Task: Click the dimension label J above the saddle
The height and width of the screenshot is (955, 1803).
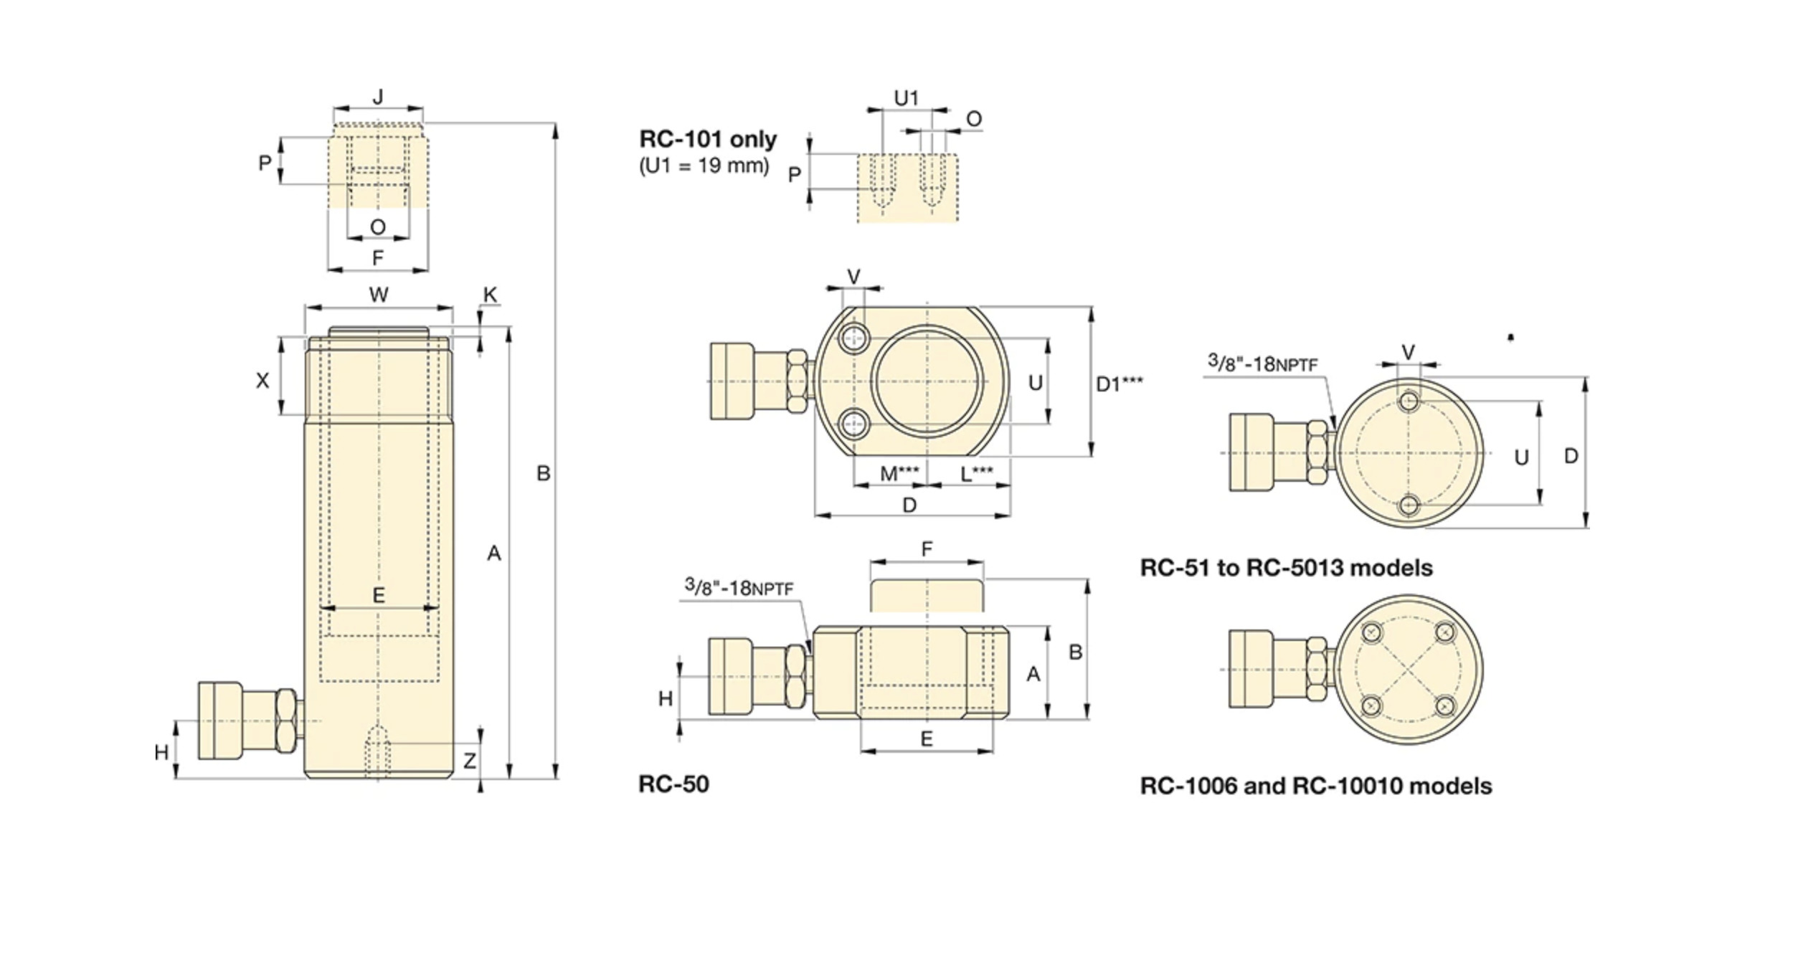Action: click(x=379, y=96)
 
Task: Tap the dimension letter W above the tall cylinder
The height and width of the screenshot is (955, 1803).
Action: click(x=379, y=294)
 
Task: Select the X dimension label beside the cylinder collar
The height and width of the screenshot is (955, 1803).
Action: click(x=262, y=381)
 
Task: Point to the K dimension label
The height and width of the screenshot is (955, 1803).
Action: click(x=491, y=295)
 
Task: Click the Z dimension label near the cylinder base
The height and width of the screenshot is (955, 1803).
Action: click(x=470, y=761)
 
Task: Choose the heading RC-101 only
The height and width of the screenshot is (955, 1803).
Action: click(x=708, y=139)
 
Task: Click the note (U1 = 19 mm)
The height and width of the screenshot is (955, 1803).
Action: click(x=704, y=166)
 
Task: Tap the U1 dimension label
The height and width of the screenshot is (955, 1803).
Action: click(x=907, y=98)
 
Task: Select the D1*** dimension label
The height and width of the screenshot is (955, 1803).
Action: click(x=1120, y=384)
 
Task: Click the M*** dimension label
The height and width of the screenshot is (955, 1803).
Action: click(x=899, y=473)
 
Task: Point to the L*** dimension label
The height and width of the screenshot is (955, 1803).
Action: click(x=977, y=473)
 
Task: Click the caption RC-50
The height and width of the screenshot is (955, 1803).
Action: click(x=673, y=784)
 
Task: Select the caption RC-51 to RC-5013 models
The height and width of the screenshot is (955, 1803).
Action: click(x=1286, y=568)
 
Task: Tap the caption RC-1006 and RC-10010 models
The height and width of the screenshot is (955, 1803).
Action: click(x=1316, y=786)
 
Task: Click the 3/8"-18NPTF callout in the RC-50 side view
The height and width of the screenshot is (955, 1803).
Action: click(x=739, y=587)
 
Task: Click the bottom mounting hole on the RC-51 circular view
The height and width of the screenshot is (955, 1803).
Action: click(x=1409, y=505)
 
